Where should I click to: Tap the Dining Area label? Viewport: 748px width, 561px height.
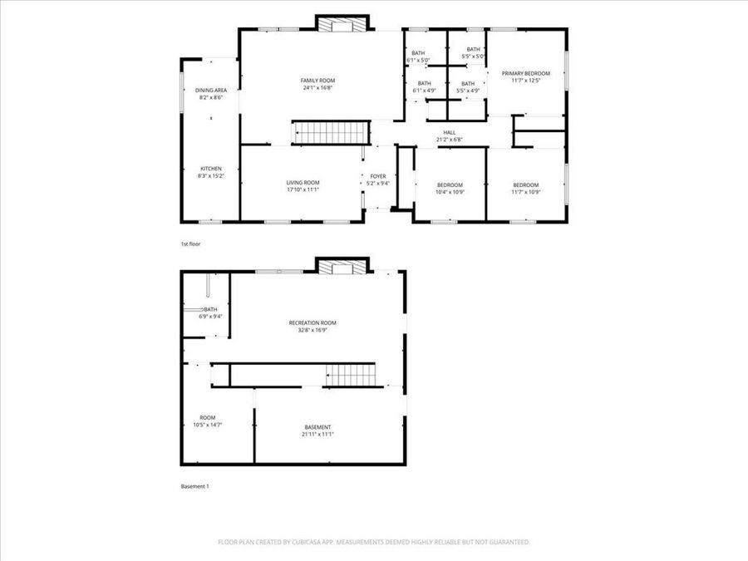pos(211,93)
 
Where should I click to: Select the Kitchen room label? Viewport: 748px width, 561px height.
pos(210,172)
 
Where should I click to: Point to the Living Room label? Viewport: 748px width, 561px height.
pos(303,186)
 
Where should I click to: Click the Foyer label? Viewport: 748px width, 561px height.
pos(378,180)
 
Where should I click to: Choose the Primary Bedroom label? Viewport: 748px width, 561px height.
pos(526,76)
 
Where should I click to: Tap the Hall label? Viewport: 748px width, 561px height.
pos(449,135)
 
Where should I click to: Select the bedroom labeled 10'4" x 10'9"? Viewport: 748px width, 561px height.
pos(449,189)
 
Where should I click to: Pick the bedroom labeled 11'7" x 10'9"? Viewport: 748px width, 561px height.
pos(526,189)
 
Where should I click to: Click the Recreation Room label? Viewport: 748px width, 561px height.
pos(312,326)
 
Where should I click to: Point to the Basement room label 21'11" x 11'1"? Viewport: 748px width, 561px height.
pos(317,431)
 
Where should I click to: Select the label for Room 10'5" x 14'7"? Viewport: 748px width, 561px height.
pos(207,421)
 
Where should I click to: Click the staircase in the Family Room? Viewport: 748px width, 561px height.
pos(330,132)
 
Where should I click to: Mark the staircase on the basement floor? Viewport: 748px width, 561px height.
pos(351,375)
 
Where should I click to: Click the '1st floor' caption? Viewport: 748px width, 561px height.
pos(191,244)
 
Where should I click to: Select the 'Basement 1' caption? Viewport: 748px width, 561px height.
pos(194,486)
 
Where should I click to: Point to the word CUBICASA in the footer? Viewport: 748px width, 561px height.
pos(303,542)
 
